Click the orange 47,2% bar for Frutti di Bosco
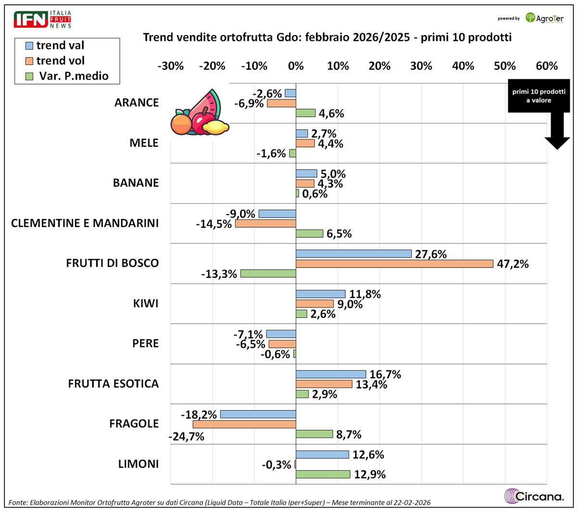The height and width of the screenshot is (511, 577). point(394,264)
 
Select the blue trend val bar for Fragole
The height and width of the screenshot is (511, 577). point(258,414)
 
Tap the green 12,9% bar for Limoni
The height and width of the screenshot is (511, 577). point(323,474)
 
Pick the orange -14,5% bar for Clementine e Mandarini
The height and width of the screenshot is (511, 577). point(265,224)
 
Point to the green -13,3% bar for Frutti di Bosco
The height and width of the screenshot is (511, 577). point(268,274)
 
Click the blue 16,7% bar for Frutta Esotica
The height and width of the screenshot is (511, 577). point(331,374)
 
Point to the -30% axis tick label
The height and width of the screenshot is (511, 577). point(171,66)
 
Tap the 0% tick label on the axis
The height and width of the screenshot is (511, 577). point(296,66)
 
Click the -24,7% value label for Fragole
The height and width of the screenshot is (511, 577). point(187,437)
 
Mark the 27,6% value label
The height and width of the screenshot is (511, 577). point(431,254)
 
